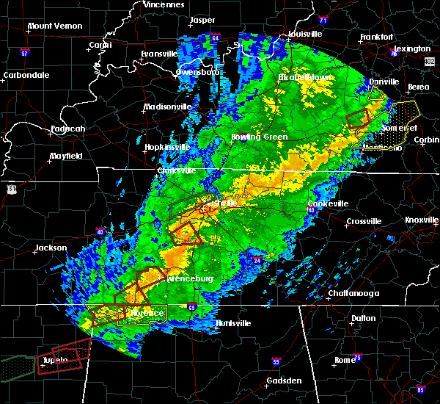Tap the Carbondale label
click(x=26, y=75)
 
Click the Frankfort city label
click(x=378, y=37)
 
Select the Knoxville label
click(x=422, y=220)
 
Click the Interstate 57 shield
click(x=24, y=54)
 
